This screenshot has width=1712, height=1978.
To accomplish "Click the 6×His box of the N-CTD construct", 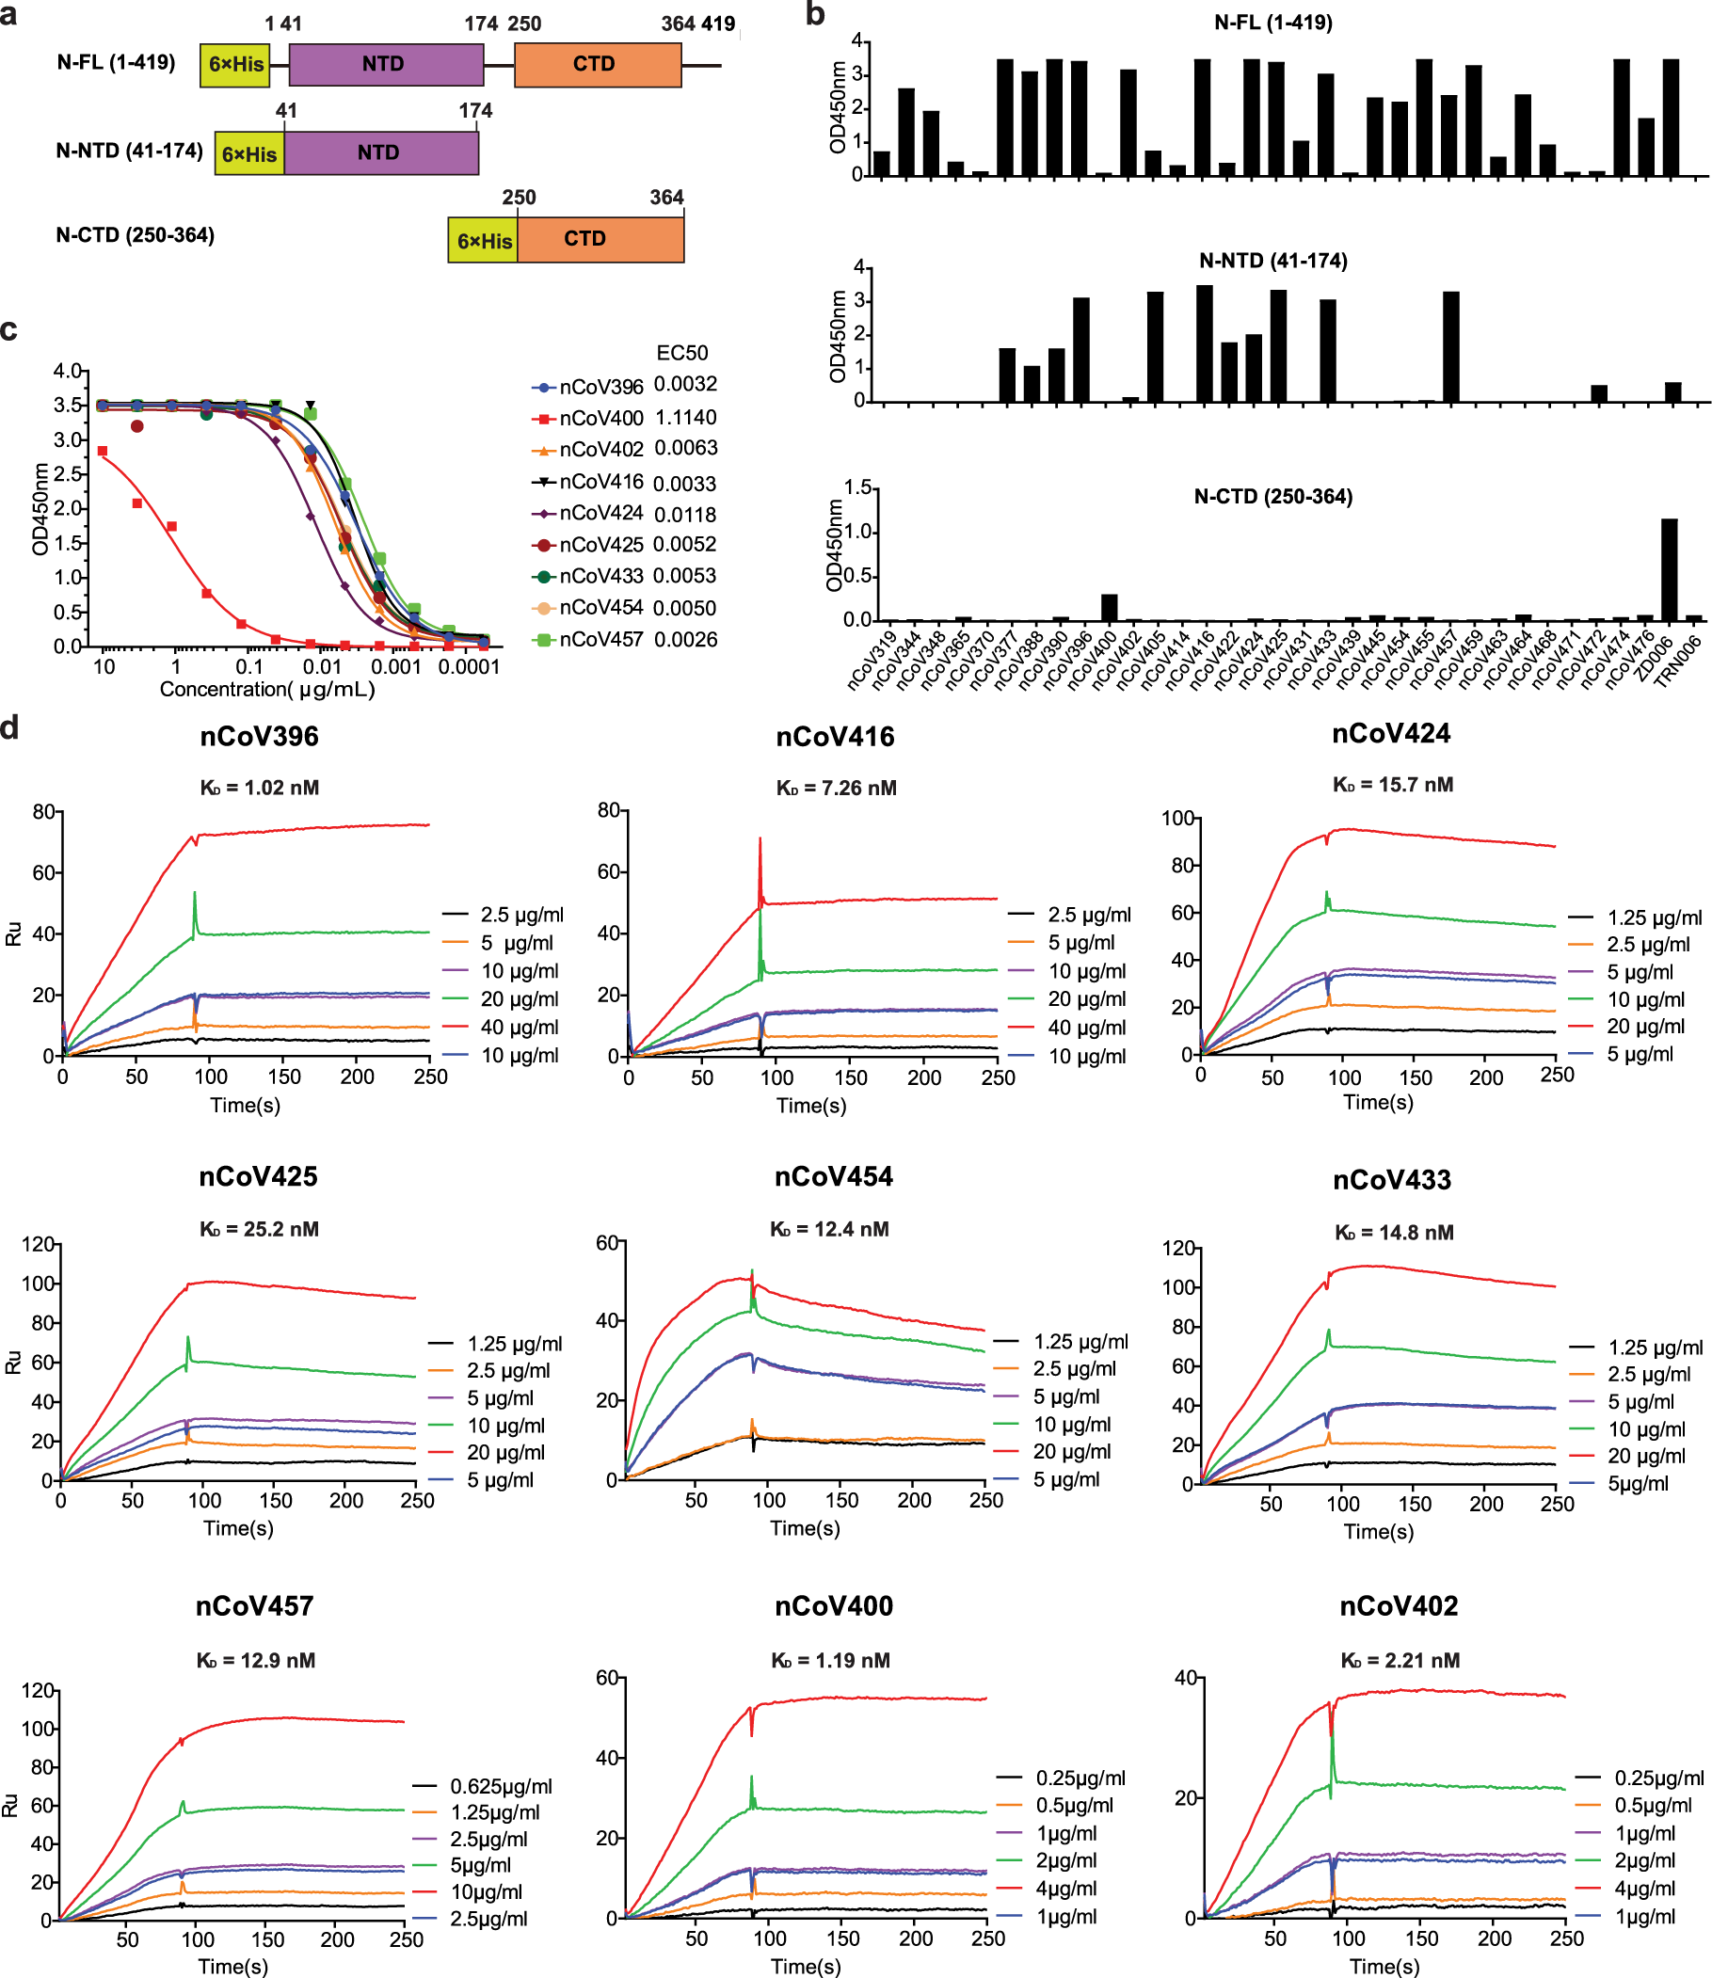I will (x=484, y=241).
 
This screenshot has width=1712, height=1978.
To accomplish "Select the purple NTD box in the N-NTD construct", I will (x=380, y=152).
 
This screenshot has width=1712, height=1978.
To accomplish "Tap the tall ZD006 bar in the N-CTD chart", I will (x=1669, y=569).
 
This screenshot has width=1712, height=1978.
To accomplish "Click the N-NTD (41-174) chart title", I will (x=1272, y=260).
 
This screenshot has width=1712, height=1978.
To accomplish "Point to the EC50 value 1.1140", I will (x=685, y=418).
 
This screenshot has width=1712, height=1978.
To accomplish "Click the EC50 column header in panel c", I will (x=682, y=353).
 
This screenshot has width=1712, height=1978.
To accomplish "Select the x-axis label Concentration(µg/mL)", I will (x=266, y=689).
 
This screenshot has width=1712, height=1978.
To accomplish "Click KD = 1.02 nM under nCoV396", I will (x=259, y=787).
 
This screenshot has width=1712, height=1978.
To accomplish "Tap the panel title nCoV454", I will (x=833, y=1175).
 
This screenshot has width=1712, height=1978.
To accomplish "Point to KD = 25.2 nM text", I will (x=259, y=1229).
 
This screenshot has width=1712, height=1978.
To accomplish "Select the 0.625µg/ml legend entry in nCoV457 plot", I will (x=501, y=1786).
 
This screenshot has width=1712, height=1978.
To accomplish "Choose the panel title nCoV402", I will (x=1398, y=1605).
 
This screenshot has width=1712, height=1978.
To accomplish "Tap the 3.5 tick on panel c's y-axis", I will (x=67, y=405).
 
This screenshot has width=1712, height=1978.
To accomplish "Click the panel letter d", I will (x=9, y=727).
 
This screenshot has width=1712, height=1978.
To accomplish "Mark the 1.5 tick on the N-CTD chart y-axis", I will (x=858, y=488).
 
